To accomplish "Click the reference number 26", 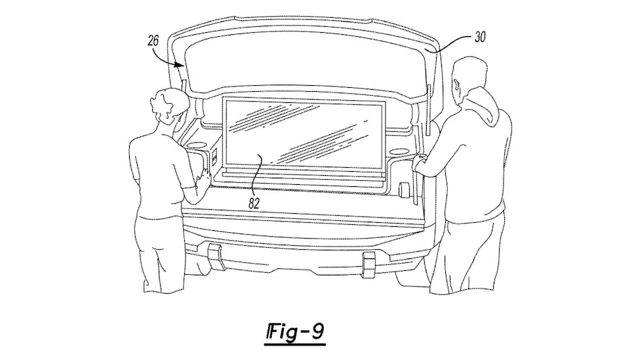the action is tap(153, 41).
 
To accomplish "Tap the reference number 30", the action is tap(480, 37).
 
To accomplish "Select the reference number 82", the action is tap(254, 203).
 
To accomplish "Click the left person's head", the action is tap(169, 107).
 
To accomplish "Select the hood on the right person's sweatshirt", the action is tap(485, 107).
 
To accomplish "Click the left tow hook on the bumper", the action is tap(216, 257).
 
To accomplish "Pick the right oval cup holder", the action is tap(399, 152).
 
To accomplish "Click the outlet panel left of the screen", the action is tap(214, 156).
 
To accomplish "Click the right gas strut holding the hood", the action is tap(429, 110).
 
